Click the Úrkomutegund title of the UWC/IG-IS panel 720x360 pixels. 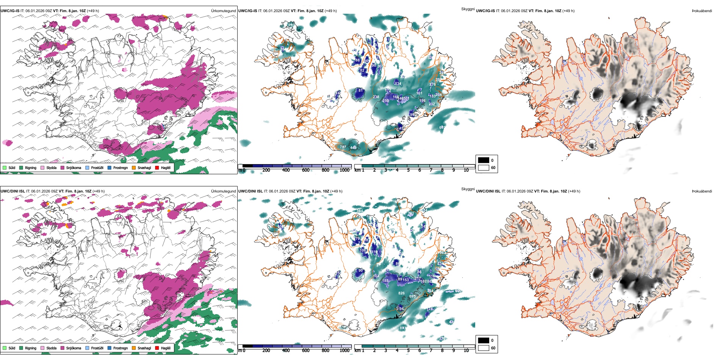(x=223, y=11)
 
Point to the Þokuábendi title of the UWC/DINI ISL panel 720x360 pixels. (x=702, y=191)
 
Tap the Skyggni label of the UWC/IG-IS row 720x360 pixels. (x=468, y=9)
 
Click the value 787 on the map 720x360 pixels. (x=343, y=147)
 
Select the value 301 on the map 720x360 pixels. (x=406, y=99)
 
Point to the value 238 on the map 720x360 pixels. (x=376, y=97)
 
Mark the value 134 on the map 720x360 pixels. (x=398, y=84)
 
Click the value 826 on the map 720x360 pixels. (x=401, y=293)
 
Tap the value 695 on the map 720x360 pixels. (x=412, y=296)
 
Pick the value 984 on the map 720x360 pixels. (x=360, y=211)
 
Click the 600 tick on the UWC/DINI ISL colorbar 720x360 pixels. (x=305, y=351)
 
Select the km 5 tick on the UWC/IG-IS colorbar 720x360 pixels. (x=408, y=170)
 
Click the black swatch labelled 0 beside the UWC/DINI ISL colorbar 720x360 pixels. (x=483, y=340)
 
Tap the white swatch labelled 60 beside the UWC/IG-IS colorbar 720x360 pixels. (x=483, y=167)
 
